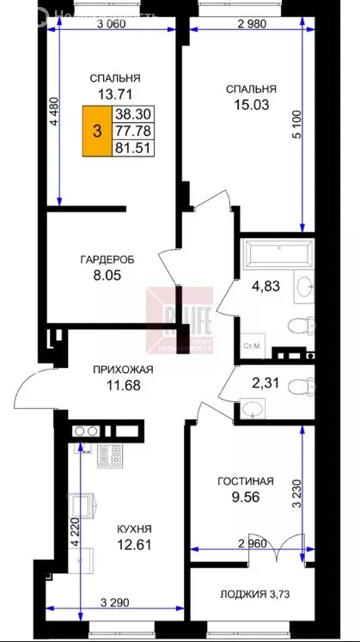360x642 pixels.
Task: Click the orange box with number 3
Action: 96,131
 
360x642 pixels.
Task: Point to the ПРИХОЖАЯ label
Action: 124,370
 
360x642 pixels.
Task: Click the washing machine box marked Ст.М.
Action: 252,344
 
